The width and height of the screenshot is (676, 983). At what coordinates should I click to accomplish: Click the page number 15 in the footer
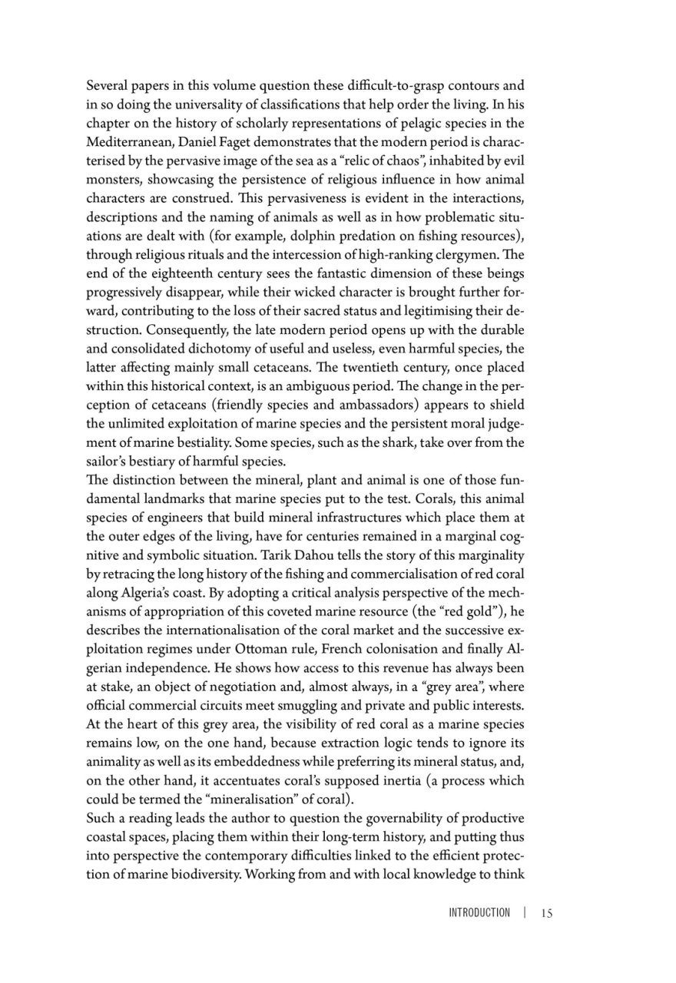547,913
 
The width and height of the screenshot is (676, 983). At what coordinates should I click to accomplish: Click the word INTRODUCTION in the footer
479,913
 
